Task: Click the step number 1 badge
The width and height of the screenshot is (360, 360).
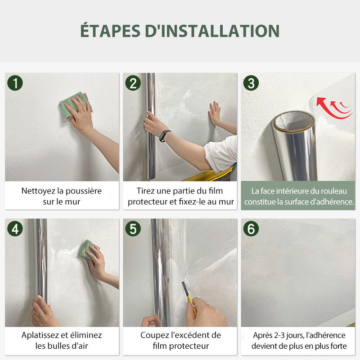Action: [15, 83]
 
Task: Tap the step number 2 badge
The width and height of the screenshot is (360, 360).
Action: [133, 83]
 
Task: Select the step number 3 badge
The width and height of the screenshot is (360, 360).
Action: [251, 83]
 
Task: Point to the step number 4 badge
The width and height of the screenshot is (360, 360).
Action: [15, 229]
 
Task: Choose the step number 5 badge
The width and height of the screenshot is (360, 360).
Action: [133, 229]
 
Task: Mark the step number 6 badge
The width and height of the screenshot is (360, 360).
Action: [251, 229]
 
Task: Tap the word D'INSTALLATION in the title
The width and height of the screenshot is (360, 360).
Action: [212, 31]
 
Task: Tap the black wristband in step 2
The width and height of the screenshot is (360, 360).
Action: [165, 136]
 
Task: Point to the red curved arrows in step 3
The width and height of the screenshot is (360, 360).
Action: [334, 108]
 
